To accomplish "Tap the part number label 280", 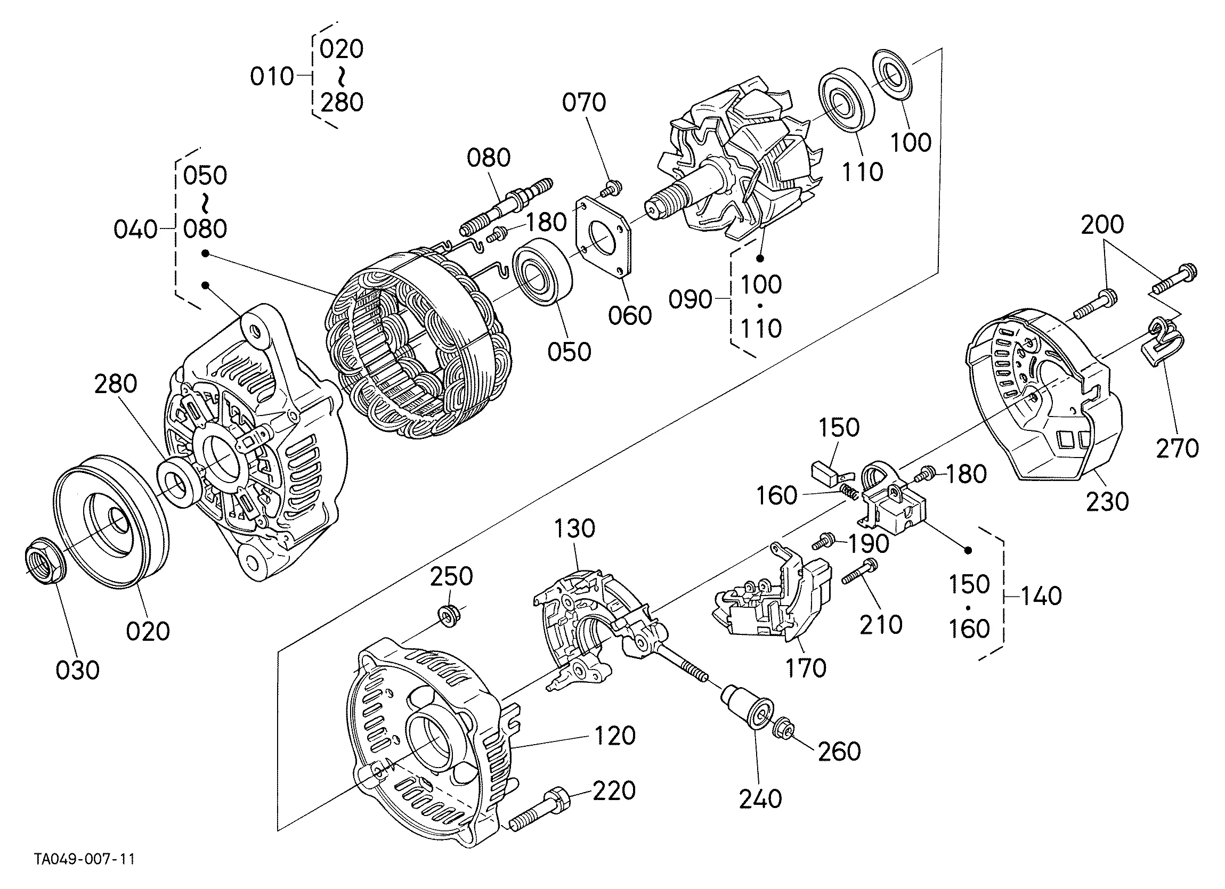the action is tap(116, 384).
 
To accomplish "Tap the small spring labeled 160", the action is tap(848, 492).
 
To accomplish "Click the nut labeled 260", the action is tap(783, 730).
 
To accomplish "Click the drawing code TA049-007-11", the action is tap(85, 859).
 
